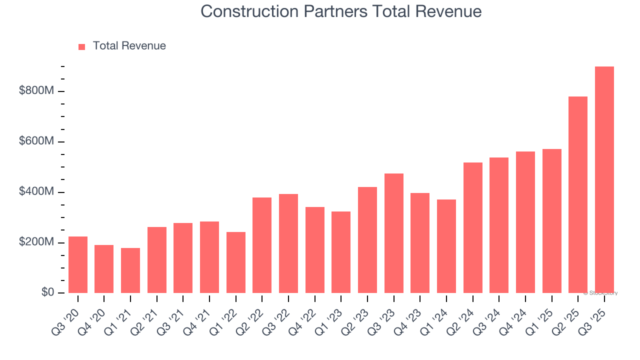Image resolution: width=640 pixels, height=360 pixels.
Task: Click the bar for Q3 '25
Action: point(604,180)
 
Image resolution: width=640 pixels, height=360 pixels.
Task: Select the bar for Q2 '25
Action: point(578,195)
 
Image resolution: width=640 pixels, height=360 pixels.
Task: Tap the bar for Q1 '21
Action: point(130,270)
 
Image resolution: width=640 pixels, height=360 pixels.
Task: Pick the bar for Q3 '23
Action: point(394,233)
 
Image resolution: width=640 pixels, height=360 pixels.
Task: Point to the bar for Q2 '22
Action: point(262,245)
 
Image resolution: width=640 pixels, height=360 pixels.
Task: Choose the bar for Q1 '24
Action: point(446,246)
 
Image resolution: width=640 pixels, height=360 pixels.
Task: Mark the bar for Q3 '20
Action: point(78,265)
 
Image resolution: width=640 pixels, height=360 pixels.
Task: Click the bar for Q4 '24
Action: point(525,222)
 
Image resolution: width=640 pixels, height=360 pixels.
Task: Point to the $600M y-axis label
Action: point(36,141)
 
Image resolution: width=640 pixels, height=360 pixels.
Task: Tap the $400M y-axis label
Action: point(36,192)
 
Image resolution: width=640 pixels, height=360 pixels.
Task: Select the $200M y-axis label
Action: point(36,242)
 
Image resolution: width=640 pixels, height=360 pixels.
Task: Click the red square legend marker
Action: point(82,46)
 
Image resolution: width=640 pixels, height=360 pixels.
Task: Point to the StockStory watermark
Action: point(600,293)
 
